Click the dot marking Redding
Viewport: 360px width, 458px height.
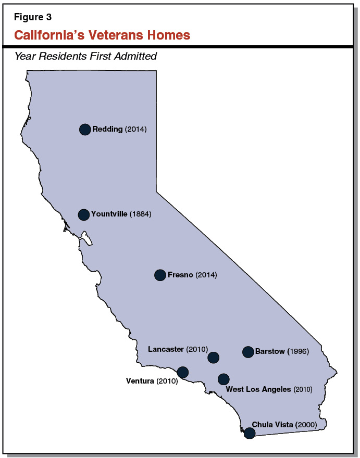click(85, 130)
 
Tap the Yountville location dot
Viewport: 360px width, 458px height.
click(83, 214)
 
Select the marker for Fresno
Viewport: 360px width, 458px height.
click(160, 275)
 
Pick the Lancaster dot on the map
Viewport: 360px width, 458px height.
click(213, 358)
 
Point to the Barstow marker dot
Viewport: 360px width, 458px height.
click(248, 352)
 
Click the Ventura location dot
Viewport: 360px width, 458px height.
click(183, 372)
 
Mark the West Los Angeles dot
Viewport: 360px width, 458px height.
click(224, 379)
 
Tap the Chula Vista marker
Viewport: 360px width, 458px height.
click(250, 433)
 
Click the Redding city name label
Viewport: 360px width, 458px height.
click(107, 129)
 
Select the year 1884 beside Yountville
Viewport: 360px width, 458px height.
click(141, 214)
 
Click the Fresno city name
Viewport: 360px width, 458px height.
click(180, 275)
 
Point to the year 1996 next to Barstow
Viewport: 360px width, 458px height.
click(300, 351)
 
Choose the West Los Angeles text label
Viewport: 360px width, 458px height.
click(258, 389)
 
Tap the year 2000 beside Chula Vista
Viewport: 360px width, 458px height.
click(306, 425)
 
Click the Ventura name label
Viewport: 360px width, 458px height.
click(140, 381)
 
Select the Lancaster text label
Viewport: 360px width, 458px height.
click(166, 349)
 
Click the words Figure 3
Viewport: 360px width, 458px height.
click(33, 17)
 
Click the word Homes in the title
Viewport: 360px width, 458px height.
click(171, 35)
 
